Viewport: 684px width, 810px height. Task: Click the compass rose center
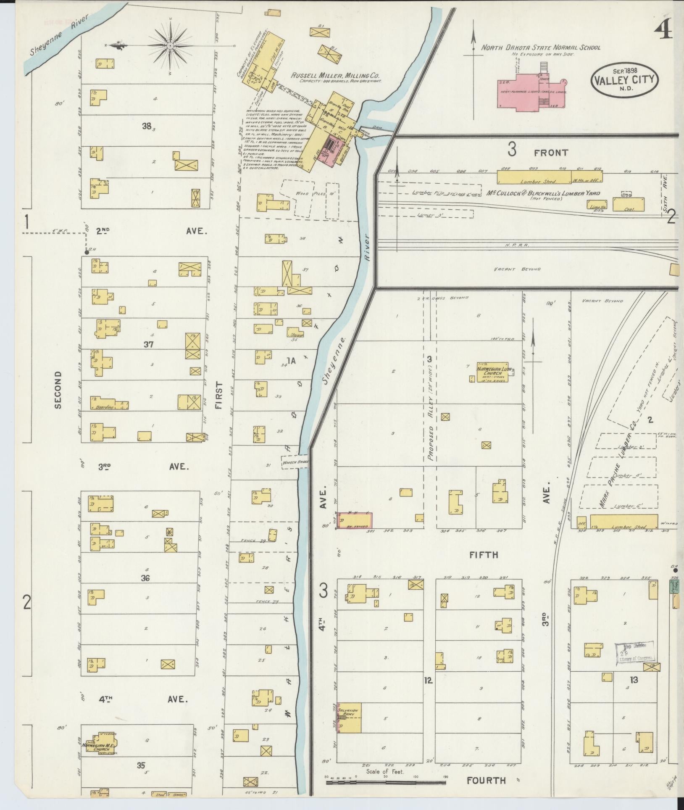[x=170, y=45]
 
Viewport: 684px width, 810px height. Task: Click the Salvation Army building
[x=350, y=718]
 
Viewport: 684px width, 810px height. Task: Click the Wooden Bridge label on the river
[x=295, y=462]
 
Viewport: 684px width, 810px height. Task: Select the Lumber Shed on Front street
[x=534, y=177]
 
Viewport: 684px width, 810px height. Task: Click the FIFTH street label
[x=484, y=555]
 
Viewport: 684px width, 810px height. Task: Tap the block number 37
[x=148, y=345]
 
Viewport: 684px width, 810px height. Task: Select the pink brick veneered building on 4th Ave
[x=355, y=521]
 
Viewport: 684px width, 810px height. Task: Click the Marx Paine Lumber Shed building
[x=623, y=522]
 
